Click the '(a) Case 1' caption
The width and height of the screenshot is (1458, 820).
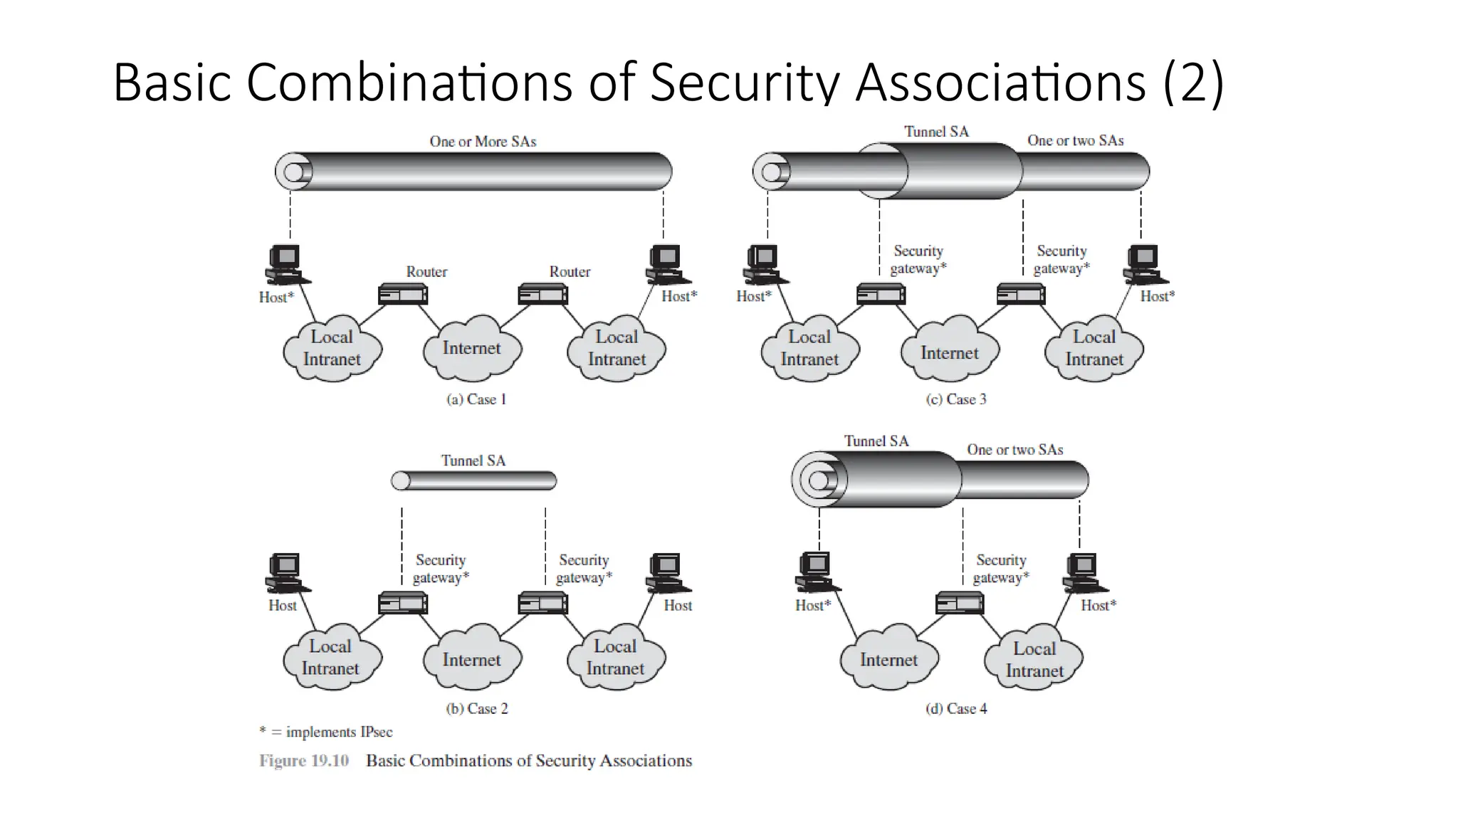pyautogui.click(x=476, y=399)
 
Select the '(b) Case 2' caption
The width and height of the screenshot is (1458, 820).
pyautogui.click(x=476, y=708)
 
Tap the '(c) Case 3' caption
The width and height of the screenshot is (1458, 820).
pyautogui.click(x=956, y=399)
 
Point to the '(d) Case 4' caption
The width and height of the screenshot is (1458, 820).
pyautogui.click(x=956, y=708)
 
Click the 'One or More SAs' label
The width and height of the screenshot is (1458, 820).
pyautogui.click(x=483, y=142)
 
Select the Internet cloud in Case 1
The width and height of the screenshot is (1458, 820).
pyautogui.click(x=472, y=348)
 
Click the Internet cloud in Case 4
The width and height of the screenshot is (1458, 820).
pyautogui.click(x=888, y=659)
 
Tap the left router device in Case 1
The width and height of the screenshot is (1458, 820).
pyautogui.click(x=403, y=293)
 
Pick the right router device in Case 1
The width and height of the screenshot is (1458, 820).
pyautogui.click(x=543, y=293)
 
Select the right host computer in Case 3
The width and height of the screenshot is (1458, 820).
pyautogui.click(x=1145, y=263)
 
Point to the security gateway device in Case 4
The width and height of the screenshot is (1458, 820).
pyautogui.click(x=960, y=603)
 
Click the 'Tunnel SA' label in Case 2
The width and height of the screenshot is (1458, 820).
pyautogui.click(x=473, y=461)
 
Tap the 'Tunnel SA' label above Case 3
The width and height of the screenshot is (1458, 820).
pyautogui.click(x=936, y=132)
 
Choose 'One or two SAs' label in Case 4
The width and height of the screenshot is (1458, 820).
pyautogui.click(x=1014, y=450)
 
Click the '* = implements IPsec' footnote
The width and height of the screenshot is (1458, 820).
pyautogui.click(x=325, y=732)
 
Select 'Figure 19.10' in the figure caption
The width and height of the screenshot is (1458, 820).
pyautogui.click(x=304, y=761)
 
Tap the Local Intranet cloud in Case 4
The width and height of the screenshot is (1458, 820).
pyautogui.click(x=1034, y=659)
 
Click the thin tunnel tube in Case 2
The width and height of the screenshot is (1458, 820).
pyautogui.click(x=474, y=481)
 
